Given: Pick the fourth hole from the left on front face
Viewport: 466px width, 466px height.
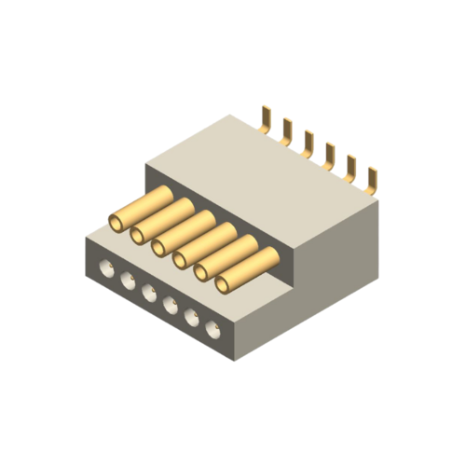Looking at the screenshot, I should (x=171, y=306).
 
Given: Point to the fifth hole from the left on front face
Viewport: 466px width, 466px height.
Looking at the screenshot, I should (x=192, y=317).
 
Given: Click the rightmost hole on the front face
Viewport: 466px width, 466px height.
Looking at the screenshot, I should (x=213, y=328).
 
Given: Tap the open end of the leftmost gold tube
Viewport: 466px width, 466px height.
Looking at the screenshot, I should (x=116, y=222).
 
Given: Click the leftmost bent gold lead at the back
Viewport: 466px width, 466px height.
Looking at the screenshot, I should (x=267, y=119).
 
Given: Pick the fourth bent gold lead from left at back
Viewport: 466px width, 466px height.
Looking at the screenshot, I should (x=330, y=155).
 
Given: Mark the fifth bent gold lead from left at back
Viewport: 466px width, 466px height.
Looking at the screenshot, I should (x=352, y=167).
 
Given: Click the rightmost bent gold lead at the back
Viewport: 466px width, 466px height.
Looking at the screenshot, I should (x=374, y=179).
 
